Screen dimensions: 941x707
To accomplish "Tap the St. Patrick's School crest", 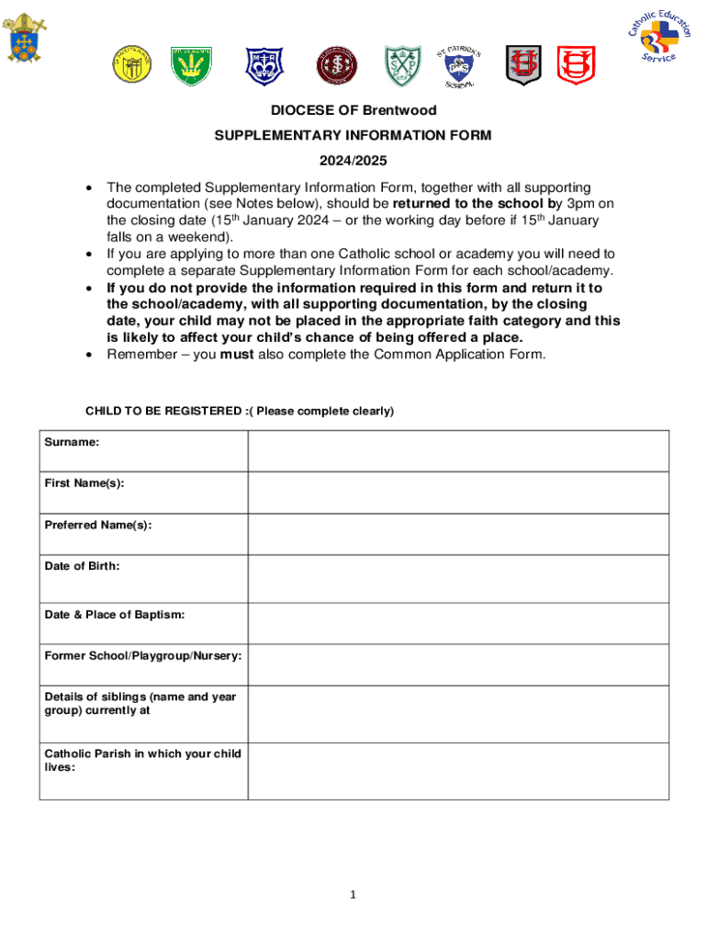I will point(456,67).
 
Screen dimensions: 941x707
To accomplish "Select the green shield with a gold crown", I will point(188,64).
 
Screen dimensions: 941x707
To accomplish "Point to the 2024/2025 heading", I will point(353,161).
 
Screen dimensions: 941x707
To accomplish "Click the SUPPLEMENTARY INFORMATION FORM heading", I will point(353,136).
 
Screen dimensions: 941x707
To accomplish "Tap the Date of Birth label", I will point(82,566).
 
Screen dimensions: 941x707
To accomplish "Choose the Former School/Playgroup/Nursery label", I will point(143,656).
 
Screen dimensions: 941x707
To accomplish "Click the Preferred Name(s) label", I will point(98,525).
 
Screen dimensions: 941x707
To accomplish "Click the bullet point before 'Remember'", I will point(88,355).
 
